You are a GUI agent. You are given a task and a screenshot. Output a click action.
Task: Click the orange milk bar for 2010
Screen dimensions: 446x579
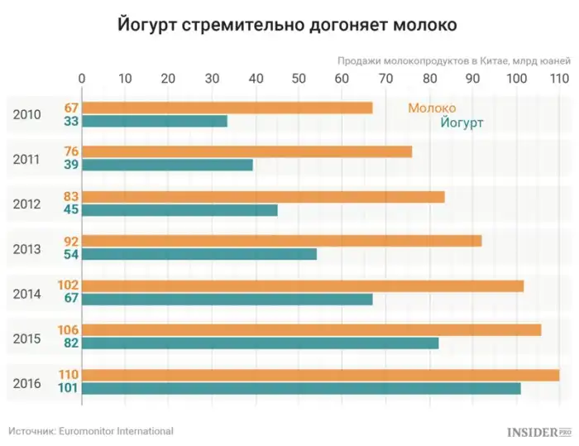pos(227,108)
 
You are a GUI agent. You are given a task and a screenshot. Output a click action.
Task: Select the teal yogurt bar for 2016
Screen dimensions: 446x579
pos(301,388)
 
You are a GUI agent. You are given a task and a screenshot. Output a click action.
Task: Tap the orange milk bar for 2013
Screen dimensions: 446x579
pos(281,241)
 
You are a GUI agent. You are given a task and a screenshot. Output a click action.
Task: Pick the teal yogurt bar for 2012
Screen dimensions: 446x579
pos(179,209)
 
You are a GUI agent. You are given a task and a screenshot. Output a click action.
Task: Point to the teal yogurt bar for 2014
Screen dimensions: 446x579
pos(227,299)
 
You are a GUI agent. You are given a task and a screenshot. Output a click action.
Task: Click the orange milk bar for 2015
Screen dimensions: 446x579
pos(311,330)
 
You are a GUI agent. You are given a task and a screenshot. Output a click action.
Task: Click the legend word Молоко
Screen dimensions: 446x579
pos(432,108)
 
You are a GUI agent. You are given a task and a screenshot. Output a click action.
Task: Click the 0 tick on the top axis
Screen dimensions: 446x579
pos(82,79)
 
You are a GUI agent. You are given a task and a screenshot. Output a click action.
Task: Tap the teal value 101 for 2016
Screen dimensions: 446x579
pos(68,388)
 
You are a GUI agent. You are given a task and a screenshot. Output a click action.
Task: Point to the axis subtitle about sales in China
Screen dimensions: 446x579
pos(453,60)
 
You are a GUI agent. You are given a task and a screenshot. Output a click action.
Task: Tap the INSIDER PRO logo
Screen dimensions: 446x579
pos(539,432)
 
